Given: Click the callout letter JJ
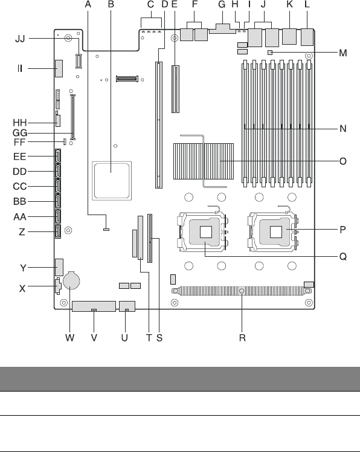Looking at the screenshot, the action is (20, 39).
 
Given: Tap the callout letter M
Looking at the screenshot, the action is (342, 53).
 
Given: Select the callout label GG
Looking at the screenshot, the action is (20, 133).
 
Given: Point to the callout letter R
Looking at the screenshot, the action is (242, 338).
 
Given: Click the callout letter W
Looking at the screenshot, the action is (69, 338).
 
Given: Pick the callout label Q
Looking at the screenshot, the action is (343, 256).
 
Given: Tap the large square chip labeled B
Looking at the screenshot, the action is (112, 181).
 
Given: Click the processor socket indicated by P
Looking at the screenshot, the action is (272, 232).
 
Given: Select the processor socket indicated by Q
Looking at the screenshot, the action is (202, 232).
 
